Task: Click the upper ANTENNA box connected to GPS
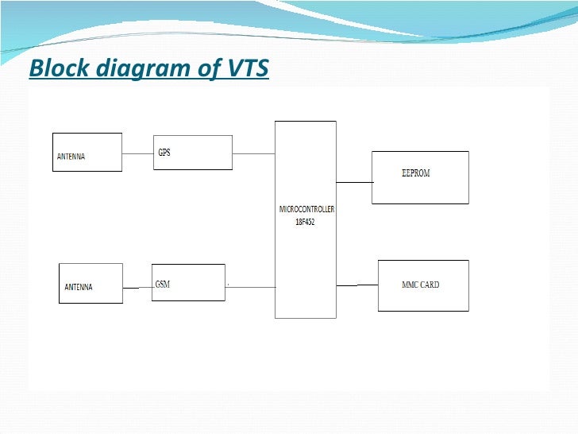point(87,152)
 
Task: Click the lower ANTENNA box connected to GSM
point(91,283)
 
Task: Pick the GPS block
point(193,152)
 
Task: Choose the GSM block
point(188,282)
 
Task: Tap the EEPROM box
point(420,177)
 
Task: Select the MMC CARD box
point(423,285)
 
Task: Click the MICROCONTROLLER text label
point(306,209)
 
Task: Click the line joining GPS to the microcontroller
point(253,153)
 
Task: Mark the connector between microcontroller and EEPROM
point(354,182)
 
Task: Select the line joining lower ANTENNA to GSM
point(137,288)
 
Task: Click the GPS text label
point(164,153)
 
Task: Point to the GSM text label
point(163,284)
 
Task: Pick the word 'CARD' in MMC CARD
point(430,285)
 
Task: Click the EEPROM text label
point(415,173)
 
